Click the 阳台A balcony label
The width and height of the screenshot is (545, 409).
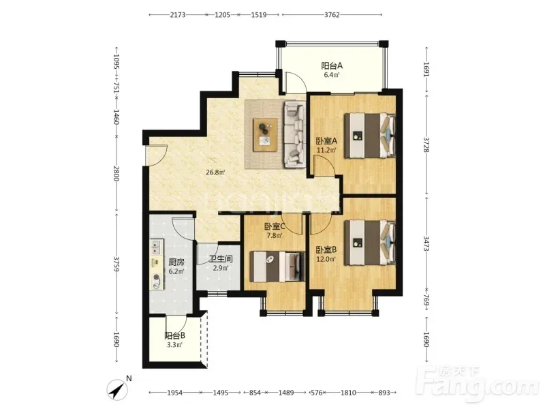(332, 65)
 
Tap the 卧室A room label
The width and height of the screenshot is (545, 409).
(326, 141)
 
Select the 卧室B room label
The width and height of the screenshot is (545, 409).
(326, 249)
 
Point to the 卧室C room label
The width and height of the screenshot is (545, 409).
(275, 226)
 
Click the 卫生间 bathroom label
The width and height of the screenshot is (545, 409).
(221, 259)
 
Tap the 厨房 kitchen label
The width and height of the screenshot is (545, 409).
(176, 262)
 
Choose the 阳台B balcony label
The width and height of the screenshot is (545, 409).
(174, 335)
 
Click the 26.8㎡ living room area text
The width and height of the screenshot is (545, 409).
(215, 172)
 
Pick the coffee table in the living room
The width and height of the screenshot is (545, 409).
(265, 134)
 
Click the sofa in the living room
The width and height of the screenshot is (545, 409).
(295, 134)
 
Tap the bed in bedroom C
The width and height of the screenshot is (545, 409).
(277, 267)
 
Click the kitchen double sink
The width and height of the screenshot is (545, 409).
(157, 247)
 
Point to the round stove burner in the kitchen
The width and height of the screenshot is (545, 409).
(157, 277)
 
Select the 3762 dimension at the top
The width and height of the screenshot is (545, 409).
(332, 14)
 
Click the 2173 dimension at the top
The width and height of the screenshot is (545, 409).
(178, 14)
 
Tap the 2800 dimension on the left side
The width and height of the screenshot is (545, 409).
(116, 173)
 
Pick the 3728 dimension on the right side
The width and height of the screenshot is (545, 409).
(426, 144)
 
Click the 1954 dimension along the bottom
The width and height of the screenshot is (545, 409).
(175, 393)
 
